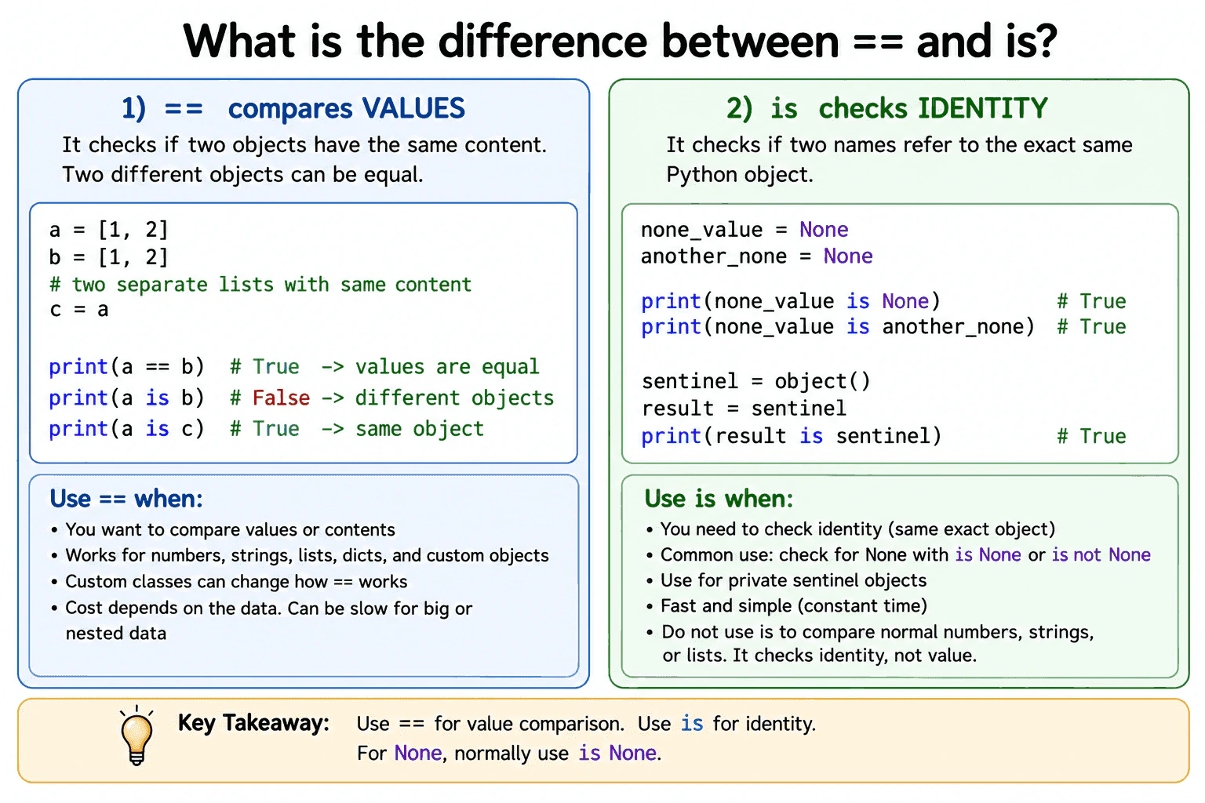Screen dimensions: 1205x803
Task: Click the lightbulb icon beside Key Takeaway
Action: click(137, 736)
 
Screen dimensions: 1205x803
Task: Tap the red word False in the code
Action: click(282, 398)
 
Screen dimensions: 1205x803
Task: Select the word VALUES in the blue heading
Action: click(413, 108)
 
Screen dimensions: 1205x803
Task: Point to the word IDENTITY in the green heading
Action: click(983, 108)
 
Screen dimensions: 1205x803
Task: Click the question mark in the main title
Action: click(1044, 41)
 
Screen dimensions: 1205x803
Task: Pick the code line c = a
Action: click(78, 310)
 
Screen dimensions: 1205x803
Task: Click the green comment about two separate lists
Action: click(260, 284)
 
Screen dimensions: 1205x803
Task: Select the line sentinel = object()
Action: click(755, 381)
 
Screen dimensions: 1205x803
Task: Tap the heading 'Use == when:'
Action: click(126, 499)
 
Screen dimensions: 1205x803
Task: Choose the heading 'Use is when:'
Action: click(719, 499)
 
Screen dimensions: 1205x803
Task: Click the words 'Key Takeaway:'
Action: click(253, 723)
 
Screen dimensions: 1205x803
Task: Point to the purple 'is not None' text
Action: click(1101, 554)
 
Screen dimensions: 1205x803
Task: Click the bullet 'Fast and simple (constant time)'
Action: click(793, 605)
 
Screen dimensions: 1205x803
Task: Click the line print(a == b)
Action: click(126, 367)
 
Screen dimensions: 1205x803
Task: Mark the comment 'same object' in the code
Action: click(420, 429)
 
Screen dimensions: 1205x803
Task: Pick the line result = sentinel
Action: click(744, 409)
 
